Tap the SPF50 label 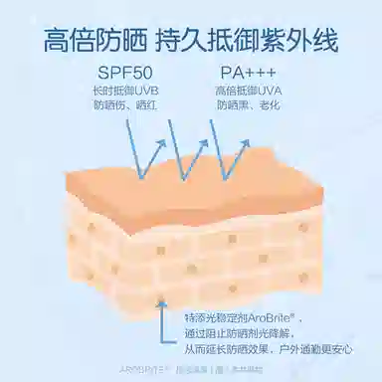coord(127,74)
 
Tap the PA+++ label coord(246,74)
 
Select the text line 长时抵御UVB coord(125,93)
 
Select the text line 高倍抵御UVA coord(247,93)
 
